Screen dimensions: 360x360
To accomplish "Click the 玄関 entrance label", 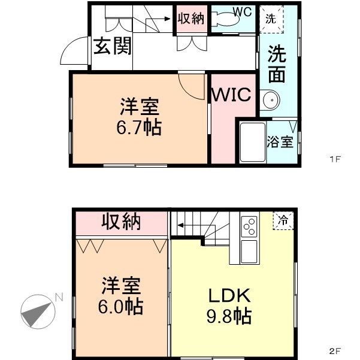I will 112,46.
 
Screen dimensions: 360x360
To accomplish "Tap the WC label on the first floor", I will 242,11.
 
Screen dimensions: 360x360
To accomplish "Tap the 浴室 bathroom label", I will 280,142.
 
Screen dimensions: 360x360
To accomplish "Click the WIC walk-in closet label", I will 234,96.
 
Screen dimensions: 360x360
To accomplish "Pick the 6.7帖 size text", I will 140,128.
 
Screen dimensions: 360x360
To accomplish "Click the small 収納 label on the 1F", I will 191,18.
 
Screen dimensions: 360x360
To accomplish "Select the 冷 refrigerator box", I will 284,220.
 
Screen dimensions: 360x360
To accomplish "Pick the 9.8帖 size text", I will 229,315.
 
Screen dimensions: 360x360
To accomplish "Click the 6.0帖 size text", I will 120,307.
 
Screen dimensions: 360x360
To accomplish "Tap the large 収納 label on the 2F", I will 120,222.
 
